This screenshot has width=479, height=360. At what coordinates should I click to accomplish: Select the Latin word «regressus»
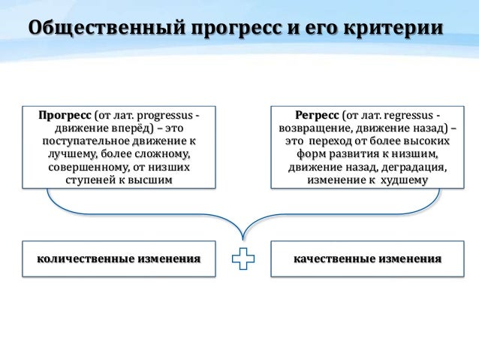coord(408,115)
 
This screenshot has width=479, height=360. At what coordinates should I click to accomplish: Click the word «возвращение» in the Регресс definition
coord(306,128)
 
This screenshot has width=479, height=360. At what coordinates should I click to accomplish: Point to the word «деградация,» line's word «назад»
coord(357,167)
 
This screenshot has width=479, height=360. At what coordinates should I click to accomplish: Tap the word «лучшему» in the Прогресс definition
coord(71,154)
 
